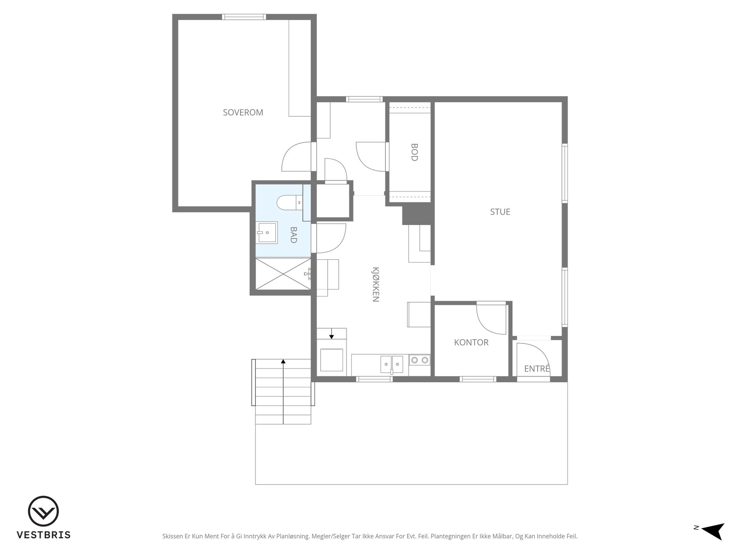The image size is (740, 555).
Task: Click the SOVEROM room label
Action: pos(243,113)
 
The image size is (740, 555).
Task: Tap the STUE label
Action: pos(500,212)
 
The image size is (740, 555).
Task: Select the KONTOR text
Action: pos(471,342)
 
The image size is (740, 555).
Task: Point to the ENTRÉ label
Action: pos(537,368)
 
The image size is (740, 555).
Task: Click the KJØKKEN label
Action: pos(376,284)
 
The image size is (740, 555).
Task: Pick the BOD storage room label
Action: pos(414,152)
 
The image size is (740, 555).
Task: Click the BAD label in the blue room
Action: pos(293,235)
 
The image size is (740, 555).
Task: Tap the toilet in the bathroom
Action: pos(289,202)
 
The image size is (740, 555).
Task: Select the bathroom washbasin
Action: pos(267,232)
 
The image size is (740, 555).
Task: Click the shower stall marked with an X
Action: pos(283,273)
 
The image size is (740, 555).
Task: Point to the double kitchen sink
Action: pos(392,364)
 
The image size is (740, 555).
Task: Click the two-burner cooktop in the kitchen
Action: pos(419,360)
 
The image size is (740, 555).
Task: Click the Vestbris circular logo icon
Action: pos(43,511)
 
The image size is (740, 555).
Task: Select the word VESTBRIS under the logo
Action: pos(43,535)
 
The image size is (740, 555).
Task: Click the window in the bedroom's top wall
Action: pos(244,17)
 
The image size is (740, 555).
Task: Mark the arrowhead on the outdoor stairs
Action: pos(283,361)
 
